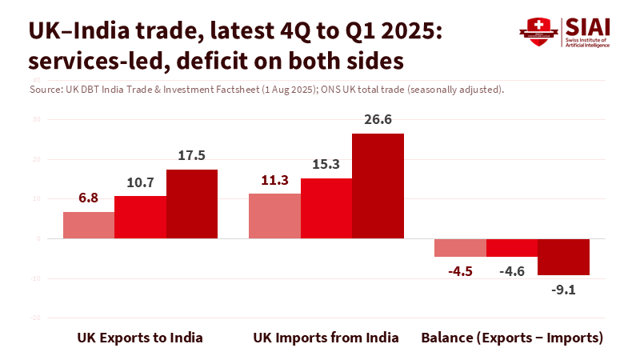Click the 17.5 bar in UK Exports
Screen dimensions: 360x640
point(192,204)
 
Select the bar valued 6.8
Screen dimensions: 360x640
point(89,225)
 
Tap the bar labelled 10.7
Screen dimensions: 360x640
point(140,217)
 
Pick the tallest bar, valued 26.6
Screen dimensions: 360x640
point(378,186)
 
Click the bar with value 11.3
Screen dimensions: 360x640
point(274,216)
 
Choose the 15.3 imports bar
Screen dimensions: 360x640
point(326,208)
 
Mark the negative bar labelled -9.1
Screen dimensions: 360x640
point(563,257)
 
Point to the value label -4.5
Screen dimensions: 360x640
point(459,271)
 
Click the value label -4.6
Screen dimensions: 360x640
point(511,271)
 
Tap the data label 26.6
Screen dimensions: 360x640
point(378,120)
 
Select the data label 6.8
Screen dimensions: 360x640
point(89,198)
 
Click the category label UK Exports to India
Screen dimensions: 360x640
point(140,338)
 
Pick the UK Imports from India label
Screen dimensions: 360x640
point(326,338)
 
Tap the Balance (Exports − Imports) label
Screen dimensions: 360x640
point(512,338)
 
